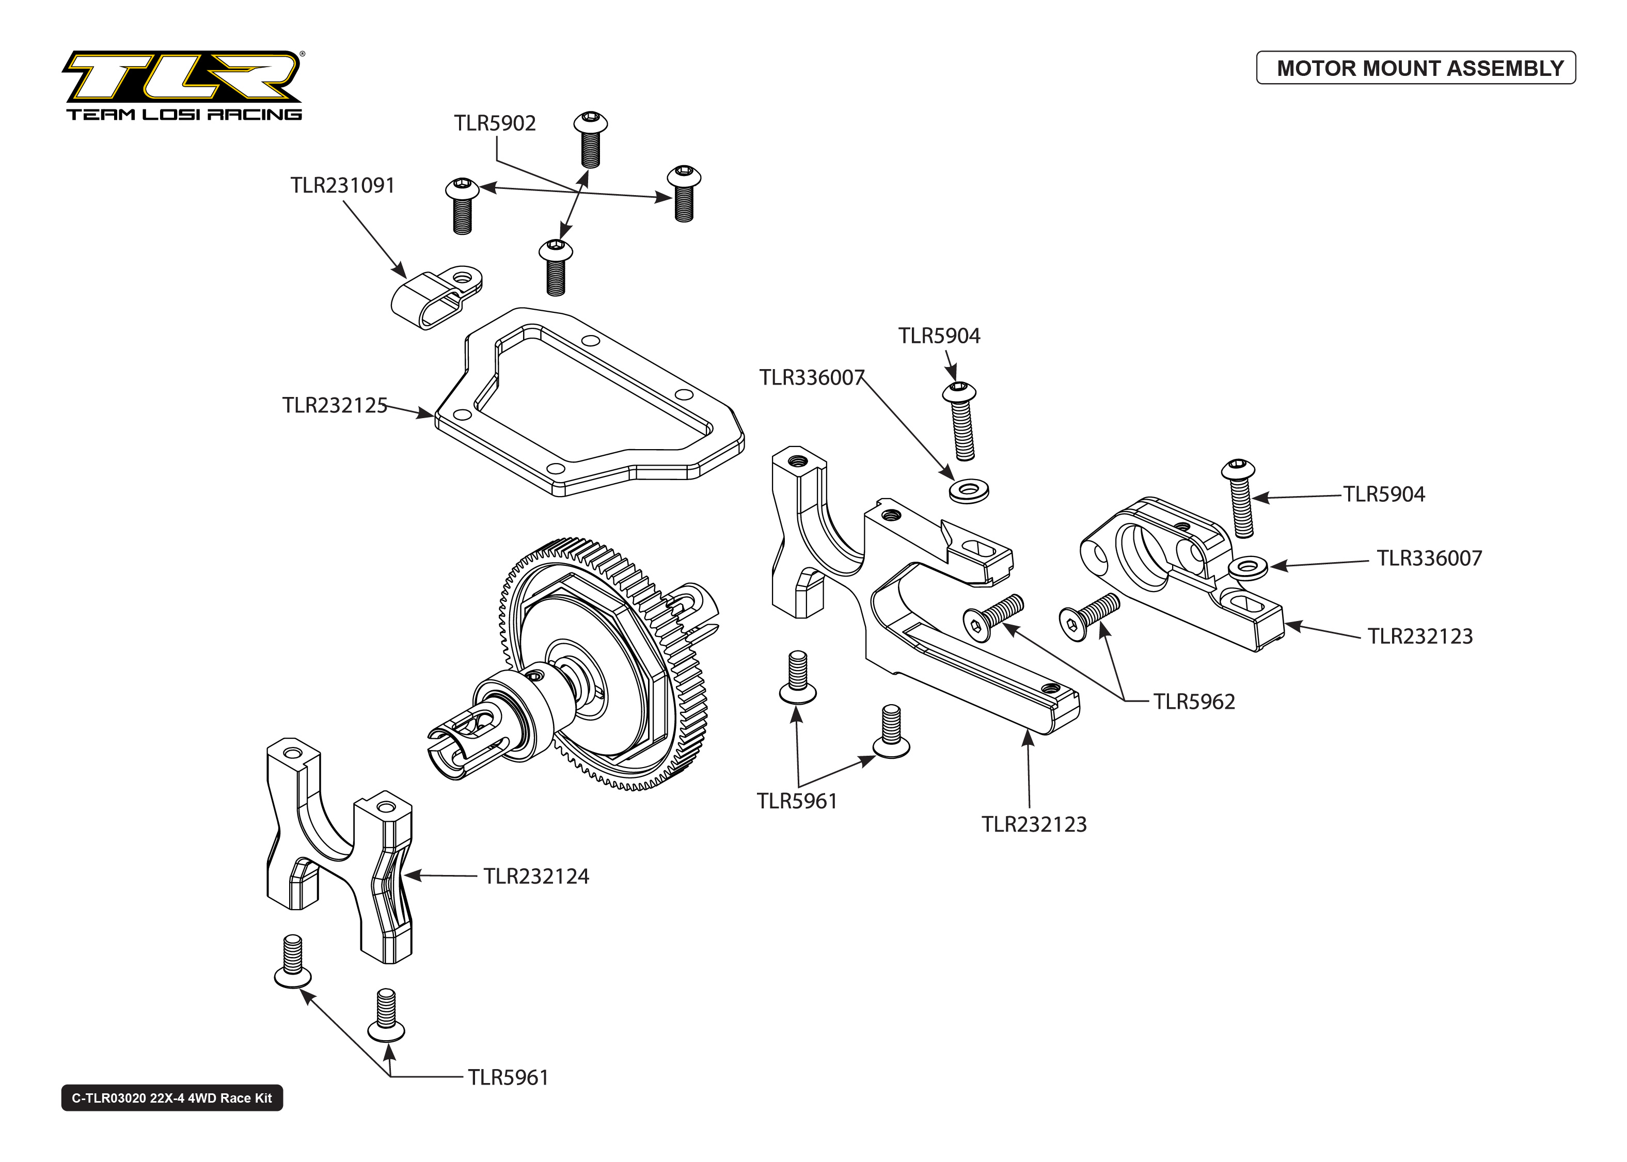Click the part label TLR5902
494,123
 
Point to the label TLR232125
334,405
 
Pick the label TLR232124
536,877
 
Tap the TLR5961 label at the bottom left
508,1077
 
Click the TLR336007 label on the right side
1429,558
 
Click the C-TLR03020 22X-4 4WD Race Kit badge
172,1097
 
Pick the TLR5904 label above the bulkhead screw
939,336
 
